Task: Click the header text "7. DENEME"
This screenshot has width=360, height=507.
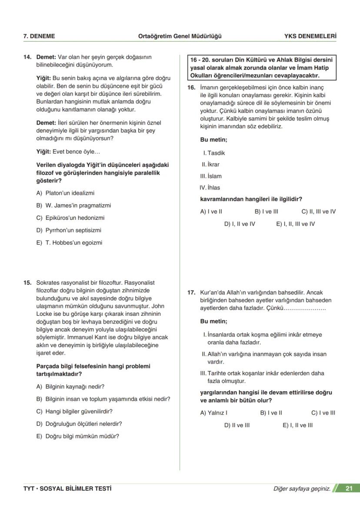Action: pyautogui.click(x=39, y=36)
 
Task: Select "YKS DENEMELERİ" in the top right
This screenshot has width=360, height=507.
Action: pyautogui.click(x=310, y=36)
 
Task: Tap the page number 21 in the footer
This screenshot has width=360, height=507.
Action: pyautogui.click(x=348, y=489)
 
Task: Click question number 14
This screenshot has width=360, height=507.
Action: pyautogui.click(x=27, y=57)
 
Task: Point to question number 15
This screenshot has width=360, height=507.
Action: pyautogui.click(x=27, y=282)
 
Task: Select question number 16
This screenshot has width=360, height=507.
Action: pyautogui.click(x=191, y=87)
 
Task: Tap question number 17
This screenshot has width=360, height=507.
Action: pyautogui.click(x=191, y=293)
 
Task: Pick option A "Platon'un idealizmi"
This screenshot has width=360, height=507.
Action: pyautogui.click(x=65, y=193)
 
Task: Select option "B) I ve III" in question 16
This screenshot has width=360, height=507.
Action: pyautogui.click(x=266, y=212)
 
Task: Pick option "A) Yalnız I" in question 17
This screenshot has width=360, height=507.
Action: pyautogui.click(x=214, y=413)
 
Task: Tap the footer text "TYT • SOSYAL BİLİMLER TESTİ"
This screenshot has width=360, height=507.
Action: pyautogui.click(x=67, y=489)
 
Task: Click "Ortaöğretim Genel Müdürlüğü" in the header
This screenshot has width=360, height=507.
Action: pyautogui.click(x=180, y=36)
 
